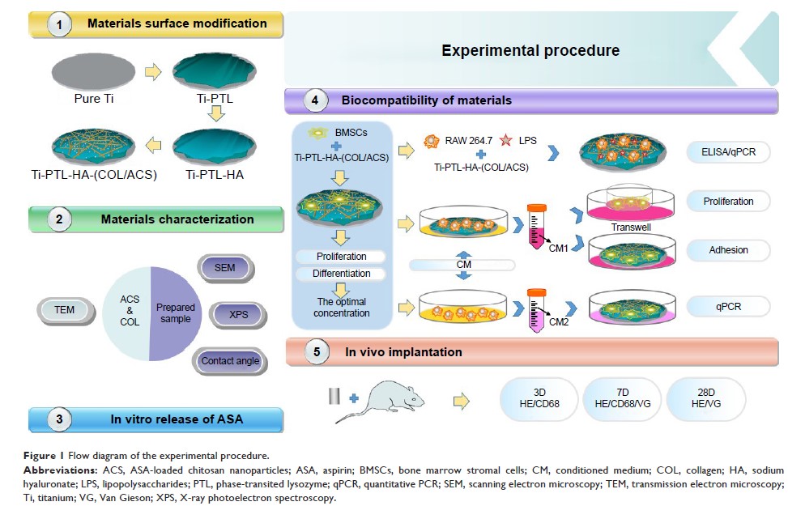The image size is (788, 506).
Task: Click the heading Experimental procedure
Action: [530, 50]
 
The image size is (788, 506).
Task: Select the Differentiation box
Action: [341, 274]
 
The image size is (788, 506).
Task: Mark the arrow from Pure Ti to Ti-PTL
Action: [152, 74]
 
